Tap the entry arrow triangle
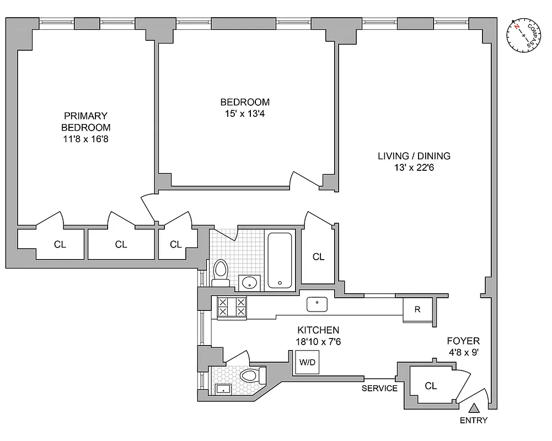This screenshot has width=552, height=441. coord(474,408)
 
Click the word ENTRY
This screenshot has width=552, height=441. coord(474,421)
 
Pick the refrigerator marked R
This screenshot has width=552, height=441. coord(417,309)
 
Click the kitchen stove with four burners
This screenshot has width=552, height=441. coord(232,306)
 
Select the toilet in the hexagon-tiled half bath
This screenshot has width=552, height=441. coord(251,377)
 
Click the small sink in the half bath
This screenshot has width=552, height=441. coord(222,389)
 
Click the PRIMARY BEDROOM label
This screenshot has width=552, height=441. coord(85,121)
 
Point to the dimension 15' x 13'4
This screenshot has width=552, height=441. coord(245,114)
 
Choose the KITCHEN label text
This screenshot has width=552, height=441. coord(318,330)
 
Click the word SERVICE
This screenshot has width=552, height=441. coord(379,388)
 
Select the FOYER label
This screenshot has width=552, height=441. coord(463,341)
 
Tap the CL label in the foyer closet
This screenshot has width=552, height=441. coord(431,386)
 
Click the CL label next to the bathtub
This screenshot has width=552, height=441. coord(318,256)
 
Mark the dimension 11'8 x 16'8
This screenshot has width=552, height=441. coord(85,139)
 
